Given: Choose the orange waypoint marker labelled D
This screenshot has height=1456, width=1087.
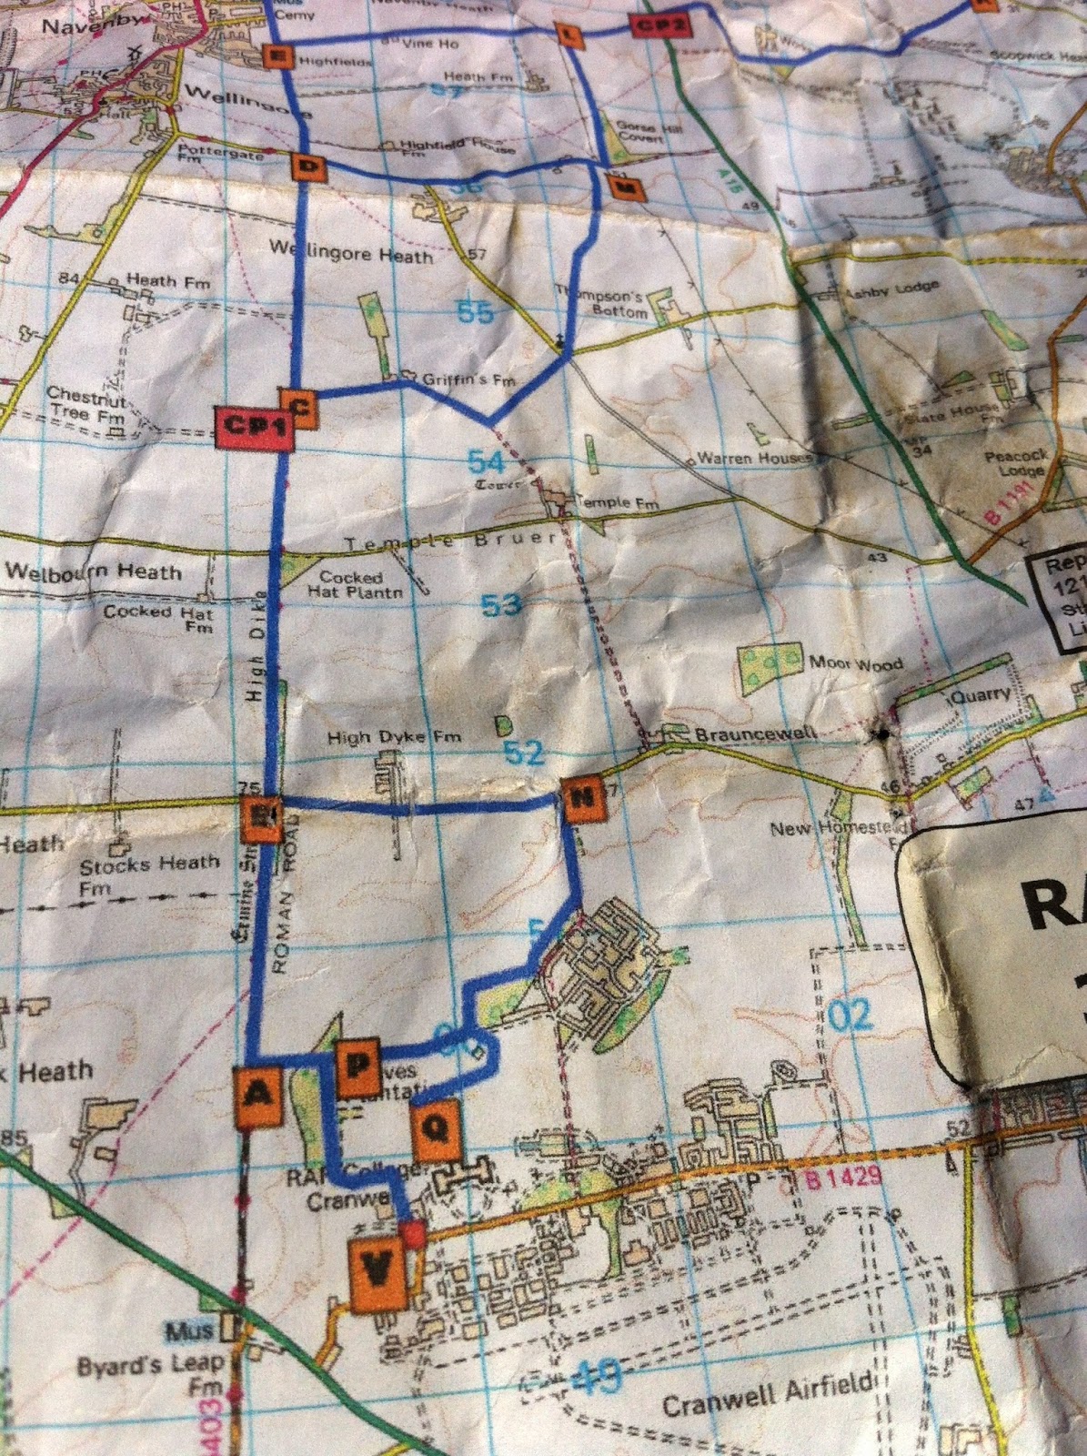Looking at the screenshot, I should coord(309,167).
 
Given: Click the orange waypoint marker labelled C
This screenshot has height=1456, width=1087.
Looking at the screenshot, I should coord(298,407).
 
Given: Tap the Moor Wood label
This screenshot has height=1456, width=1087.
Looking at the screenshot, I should coord(855,663).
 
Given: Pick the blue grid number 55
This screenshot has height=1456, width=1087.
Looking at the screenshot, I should coord(475,312).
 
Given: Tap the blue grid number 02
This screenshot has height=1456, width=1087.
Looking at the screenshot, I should coord(850,1015).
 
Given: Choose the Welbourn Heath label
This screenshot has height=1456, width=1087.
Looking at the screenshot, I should coord(94,571).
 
